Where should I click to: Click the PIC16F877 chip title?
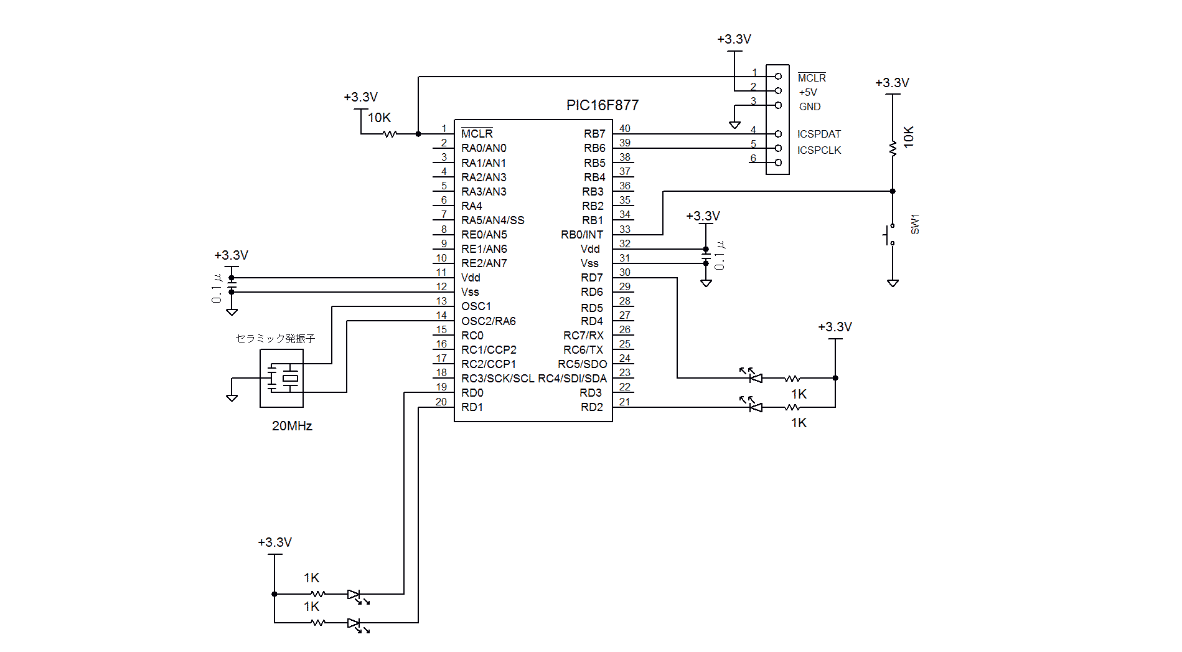pyautogui.click(x=602, y=105)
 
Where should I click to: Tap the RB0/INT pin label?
pyautogui.click(x=581, y=235)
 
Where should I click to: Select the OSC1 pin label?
pyautogui.click(x=476, y=306)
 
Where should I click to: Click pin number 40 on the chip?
pyautogui.click(x=624, y=128)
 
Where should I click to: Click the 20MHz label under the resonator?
pyautogui.click(x=291, y=426)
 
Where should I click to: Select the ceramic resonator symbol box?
pyautogui.click(x=281, y=378)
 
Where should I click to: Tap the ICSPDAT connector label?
pyautogui.click(x=818, y=134)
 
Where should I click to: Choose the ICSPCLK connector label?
pyautogui.click(x=818, y=150)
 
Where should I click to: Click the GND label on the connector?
pyautogui.click(x=809, y=106)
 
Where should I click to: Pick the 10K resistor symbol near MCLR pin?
pyautogui.click(x=390, y=134)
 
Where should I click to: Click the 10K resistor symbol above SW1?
pyautogui.click(x=893, y=148)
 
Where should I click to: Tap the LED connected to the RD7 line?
pyautogui.click(x=755, y=377)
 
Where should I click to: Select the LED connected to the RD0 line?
pyautogui.click(x=354, y=595)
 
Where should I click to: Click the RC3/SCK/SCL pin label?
pyautogui.click(x=497, y=379)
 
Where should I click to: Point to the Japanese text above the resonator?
pyautogui.click(x=275, y=338)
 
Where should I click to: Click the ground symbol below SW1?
pyautogui.click(x=893, y=283)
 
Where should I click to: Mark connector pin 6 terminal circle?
pyautogui.click(x=778, y=163)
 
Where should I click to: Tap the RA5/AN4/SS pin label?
pyautogui.click(x=492, y=220)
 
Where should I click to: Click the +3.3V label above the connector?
pyautogui.click(x=734, y=39)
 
